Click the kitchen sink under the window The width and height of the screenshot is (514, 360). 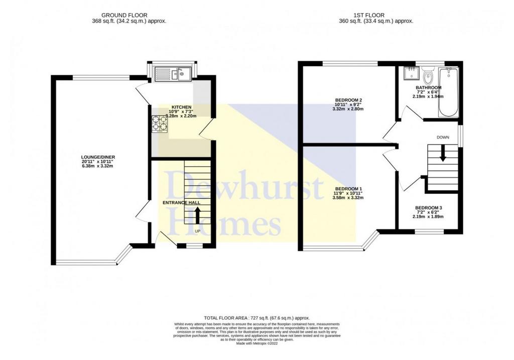(173, 74)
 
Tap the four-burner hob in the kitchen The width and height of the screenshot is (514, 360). (160, 124)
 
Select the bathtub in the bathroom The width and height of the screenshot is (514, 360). (448, 92)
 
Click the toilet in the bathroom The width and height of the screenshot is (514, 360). (428, 76)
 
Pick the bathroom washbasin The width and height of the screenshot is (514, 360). (410, 73)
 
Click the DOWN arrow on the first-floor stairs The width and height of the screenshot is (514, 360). (443, 154)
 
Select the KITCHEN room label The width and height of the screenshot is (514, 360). (182, 107)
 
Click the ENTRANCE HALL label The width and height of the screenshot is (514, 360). (181, 203)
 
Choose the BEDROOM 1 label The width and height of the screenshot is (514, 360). (348, 189)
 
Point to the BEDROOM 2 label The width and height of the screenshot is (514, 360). (348, 100)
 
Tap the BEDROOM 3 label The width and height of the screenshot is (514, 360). (429, 208)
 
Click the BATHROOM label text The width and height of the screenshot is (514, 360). (429, 87)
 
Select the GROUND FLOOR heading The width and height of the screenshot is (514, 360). (124, 15)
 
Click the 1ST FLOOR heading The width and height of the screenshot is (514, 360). (369, 15)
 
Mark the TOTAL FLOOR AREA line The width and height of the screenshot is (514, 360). (256, 318)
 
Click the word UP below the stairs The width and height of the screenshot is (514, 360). (197, 231)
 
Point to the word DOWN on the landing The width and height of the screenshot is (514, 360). (443, 138)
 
